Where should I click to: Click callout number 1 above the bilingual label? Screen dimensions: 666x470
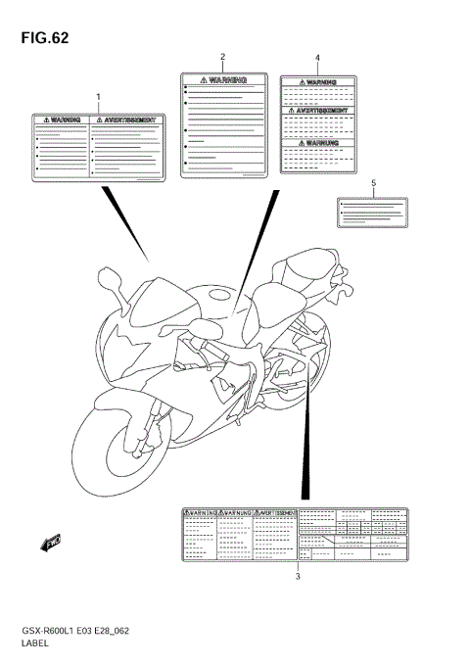(x=98, y=95)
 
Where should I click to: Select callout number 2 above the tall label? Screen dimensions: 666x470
(x=223, y=57)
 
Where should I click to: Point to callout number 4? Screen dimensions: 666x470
(x=316, y=58)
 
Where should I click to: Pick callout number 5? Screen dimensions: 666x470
(x=373, y=182)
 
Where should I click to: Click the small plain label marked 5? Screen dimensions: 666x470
(x=372, y=213)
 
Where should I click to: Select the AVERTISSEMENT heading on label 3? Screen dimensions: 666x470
(x=274, y=512)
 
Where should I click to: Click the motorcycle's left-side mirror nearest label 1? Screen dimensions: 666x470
(x=115, y=287)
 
